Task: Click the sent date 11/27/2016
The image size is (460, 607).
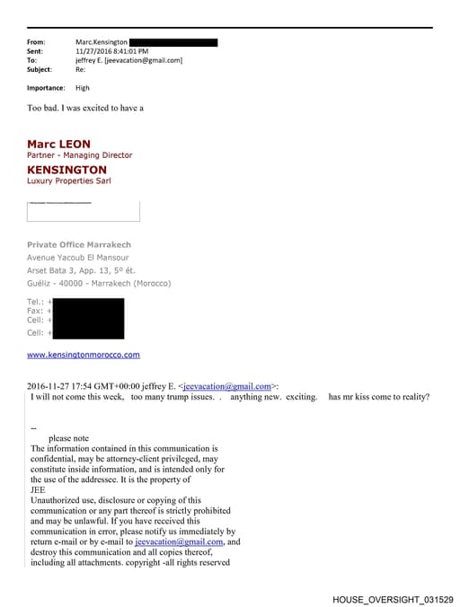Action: pos(95,51)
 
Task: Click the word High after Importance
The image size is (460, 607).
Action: pos(83,88)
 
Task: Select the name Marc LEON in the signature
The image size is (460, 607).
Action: pos(58,144)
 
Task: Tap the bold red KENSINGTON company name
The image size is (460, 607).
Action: pos(66,169)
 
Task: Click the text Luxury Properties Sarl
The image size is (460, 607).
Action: pos(67,180)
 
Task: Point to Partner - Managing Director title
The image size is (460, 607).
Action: pos(79,155)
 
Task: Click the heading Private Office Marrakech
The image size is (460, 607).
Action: pos(79,244)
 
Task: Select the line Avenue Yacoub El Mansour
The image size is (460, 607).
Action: pos(83,258)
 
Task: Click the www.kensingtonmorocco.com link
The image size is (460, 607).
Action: pos(84,355)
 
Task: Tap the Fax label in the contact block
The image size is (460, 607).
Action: pos(35,311)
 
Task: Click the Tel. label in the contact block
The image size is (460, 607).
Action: pos(35,301)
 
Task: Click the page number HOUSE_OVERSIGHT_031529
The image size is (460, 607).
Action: pos(393,598)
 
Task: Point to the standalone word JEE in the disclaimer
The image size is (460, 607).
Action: pos(39,490)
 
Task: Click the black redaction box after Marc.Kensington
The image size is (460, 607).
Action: pos(173,42)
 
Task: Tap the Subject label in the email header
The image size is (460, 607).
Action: pos(40,69)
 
